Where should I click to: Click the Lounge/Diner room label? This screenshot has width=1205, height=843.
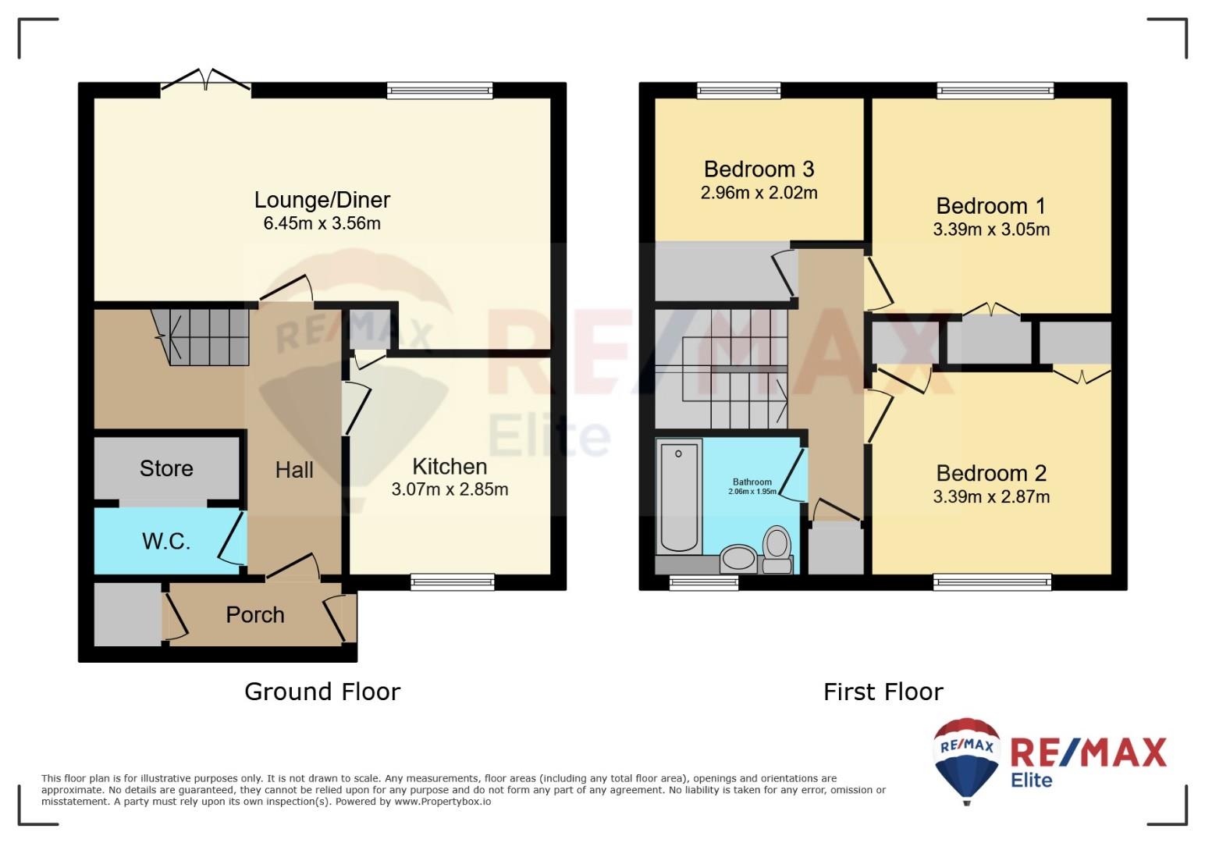322,200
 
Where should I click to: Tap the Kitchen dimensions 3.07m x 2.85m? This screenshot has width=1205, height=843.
450,489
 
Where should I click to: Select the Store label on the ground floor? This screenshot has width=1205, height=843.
166,468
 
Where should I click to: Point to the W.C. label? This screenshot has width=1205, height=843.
166,541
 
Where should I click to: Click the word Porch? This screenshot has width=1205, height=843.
255,615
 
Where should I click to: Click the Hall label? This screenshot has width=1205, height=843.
294,470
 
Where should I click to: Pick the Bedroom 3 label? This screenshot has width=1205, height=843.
759,169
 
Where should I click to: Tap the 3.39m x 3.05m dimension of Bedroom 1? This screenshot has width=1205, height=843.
991,229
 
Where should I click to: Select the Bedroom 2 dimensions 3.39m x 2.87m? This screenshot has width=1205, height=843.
991,496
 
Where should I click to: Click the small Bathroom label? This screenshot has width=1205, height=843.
752,482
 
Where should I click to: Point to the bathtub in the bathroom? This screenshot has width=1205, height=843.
679,496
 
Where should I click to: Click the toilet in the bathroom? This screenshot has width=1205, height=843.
777,550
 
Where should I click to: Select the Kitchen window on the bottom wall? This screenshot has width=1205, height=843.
453,582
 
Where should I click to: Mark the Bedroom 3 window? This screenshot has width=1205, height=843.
738,91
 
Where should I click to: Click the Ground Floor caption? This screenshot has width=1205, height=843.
322,692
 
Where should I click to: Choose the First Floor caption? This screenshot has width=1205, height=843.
883,692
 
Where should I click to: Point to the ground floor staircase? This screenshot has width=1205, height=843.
201,336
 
